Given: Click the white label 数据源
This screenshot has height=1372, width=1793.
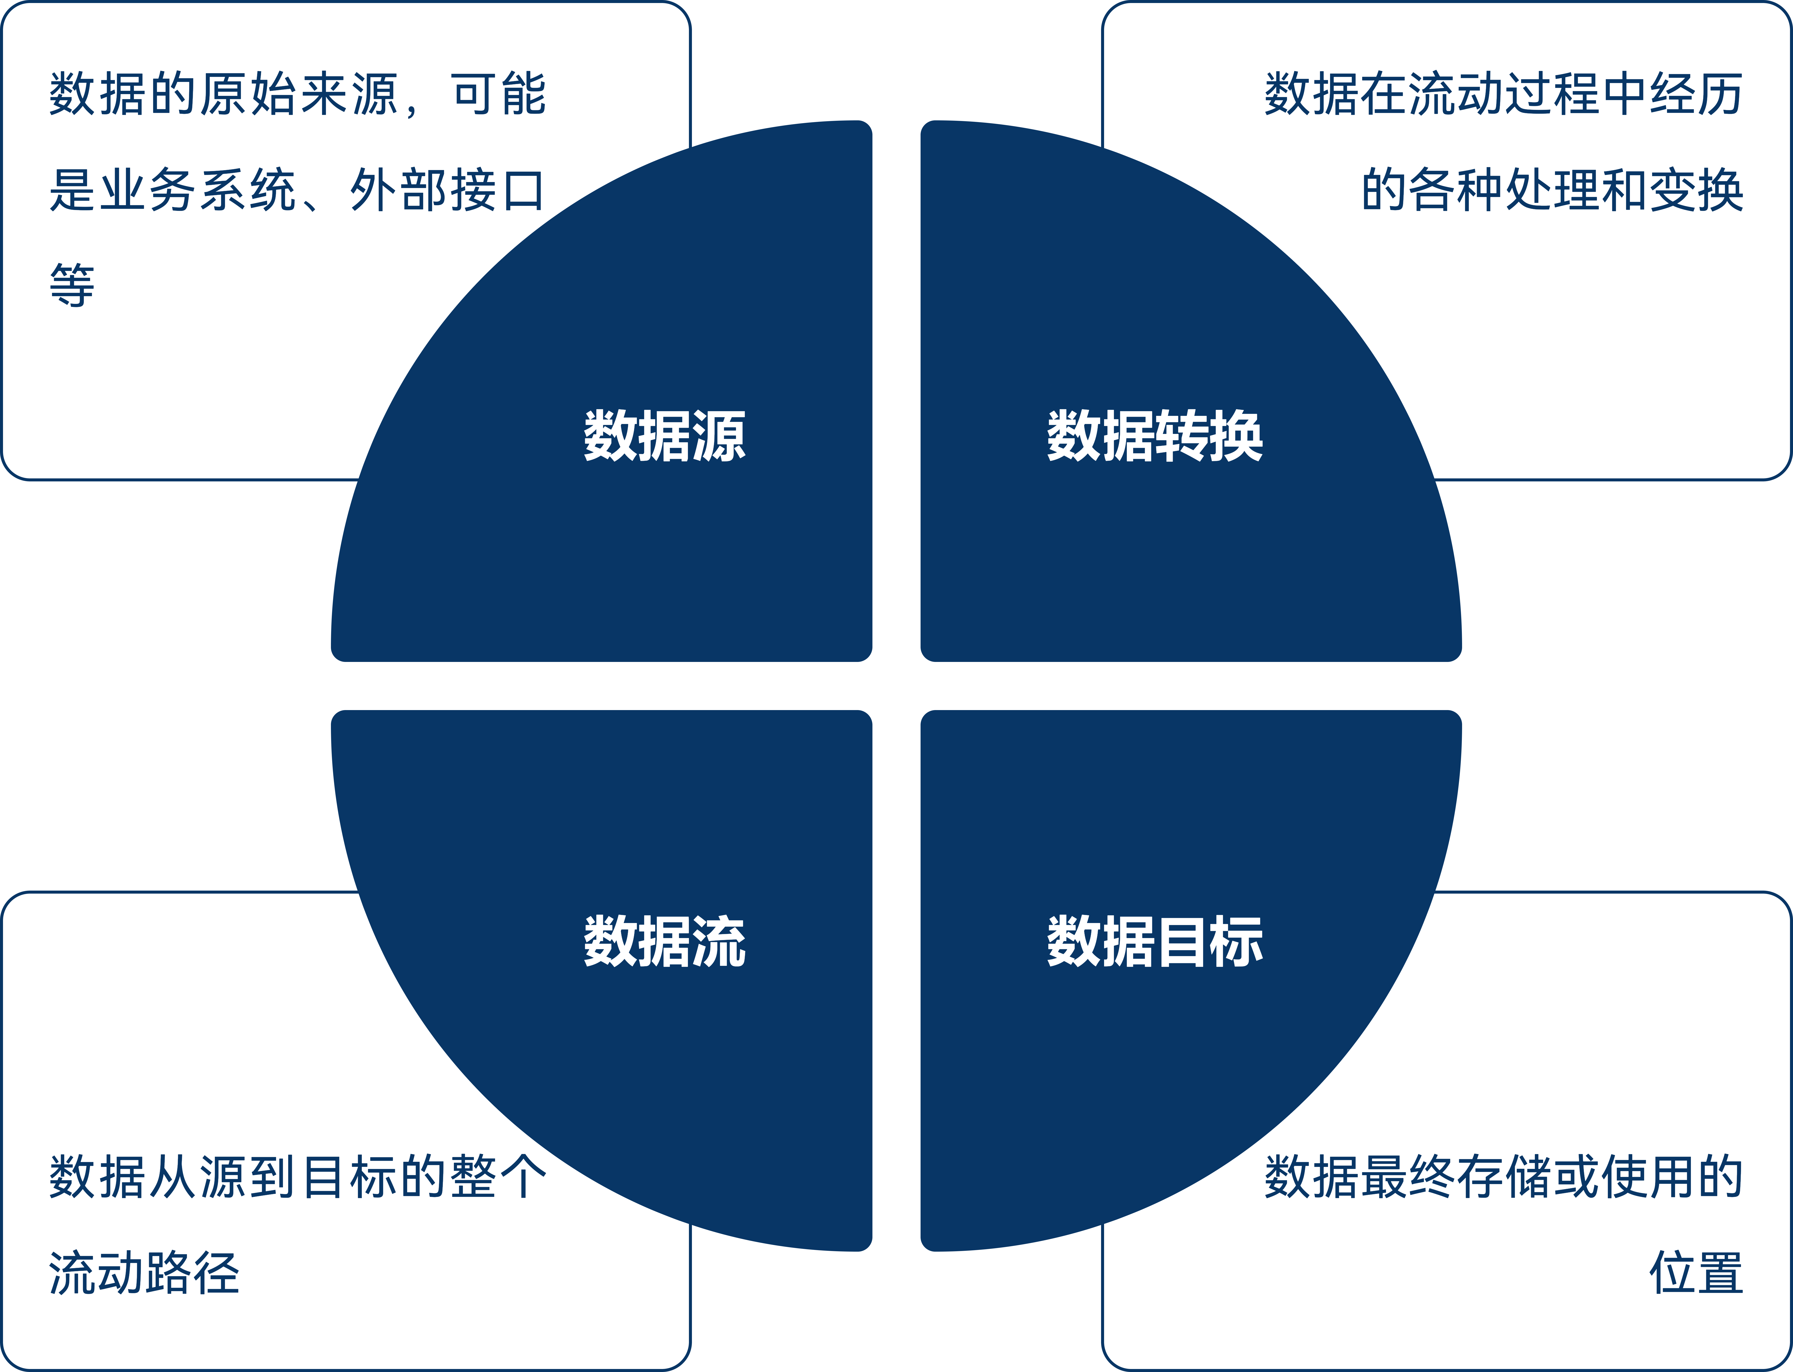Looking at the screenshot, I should click(664, 436).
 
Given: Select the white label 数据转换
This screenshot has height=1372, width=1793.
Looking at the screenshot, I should click(1155, 436).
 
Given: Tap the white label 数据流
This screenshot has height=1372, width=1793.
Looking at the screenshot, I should click(664, 941).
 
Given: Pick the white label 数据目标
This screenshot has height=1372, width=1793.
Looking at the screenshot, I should click(1155, 941).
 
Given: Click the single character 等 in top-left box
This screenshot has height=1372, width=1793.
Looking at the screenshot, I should click(72, 286).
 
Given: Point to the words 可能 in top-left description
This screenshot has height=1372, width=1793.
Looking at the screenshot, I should click(499, 94).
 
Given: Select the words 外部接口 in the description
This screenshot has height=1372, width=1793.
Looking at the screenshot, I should click(447, 190).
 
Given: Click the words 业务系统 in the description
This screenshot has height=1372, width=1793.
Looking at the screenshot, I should click(198, 190).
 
